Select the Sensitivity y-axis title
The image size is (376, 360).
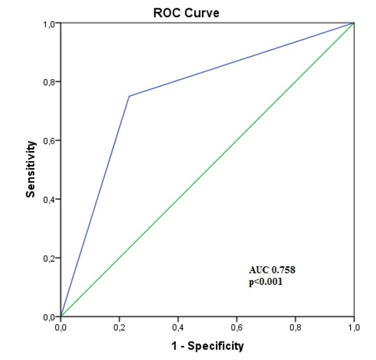pos(30,169)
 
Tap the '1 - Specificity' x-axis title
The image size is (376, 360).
pos(206,346)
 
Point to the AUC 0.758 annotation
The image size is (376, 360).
pos(272,270)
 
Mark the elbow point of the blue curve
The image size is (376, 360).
pos(129,96)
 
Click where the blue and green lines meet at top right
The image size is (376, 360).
pos(354,23)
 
